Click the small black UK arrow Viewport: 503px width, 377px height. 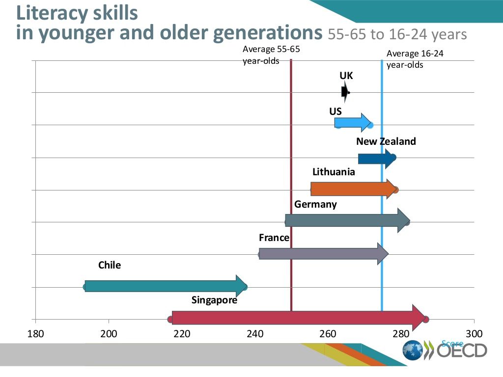point(345,92)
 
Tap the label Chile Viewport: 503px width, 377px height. point(110,265)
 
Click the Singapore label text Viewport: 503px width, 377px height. point(214,300)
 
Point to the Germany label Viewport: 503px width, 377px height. point(315,204)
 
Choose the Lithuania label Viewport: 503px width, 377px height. point(334,172)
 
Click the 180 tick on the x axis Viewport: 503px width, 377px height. point(35,334)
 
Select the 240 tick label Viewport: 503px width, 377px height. point(255,334)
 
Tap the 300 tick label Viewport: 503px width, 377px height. point(474,334)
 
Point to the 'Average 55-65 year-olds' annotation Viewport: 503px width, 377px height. point(271,55)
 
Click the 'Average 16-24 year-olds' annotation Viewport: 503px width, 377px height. point(415,59)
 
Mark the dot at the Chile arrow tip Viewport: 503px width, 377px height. point(244,287)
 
